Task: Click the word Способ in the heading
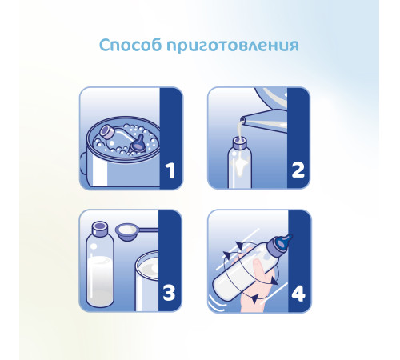tap(130, 45)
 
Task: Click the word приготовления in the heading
tap(233, 46)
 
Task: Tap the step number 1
tap(170, 170)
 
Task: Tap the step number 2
tap(298, 170)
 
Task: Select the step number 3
tap(169, 294)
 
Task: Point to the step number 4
tap(298, 294)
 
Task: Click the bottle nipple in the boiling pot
tap(138, 143)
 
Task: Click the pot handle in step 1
tap(83, 162)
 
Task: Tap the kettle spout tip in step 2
tap(242, 119)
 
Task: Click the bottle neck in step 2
tap(239, 143)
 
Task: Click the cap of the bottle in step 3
tap(100, 229)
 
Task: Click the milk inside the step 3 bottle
tap(100, 282)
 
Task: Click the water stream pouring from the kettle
tap(241, 130)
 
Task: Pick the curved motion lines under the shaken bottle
tap(215, 304)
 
